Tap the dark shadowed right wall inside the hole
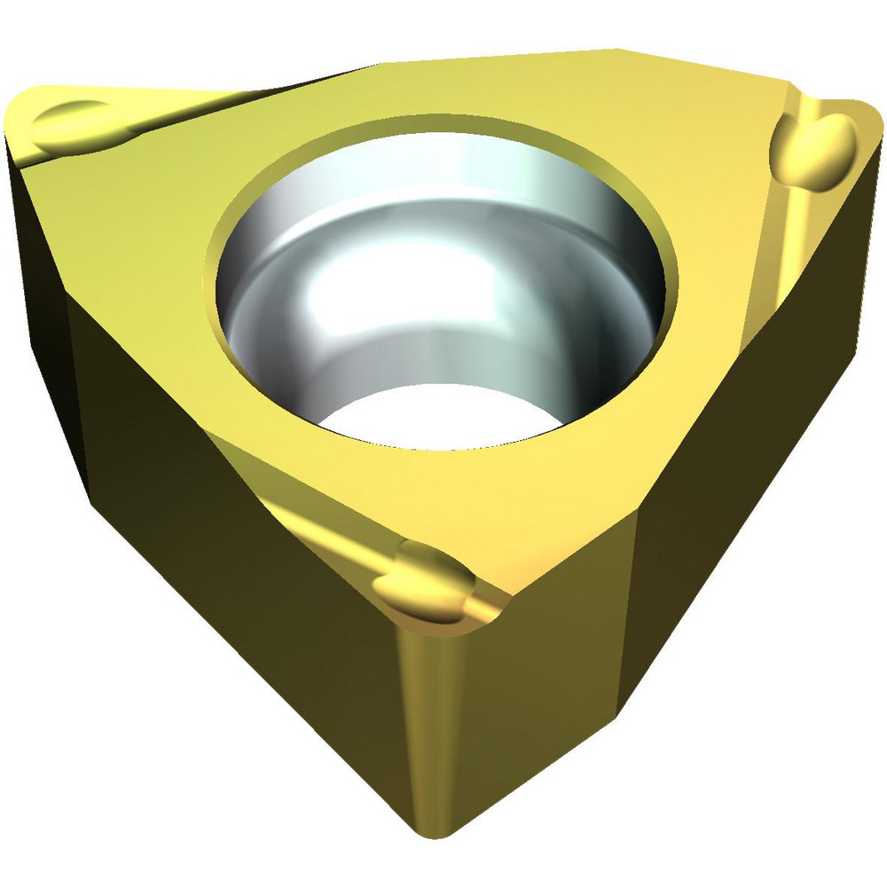(x=612, y=293)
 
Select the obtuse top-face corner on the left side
(x=71, y=297)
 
